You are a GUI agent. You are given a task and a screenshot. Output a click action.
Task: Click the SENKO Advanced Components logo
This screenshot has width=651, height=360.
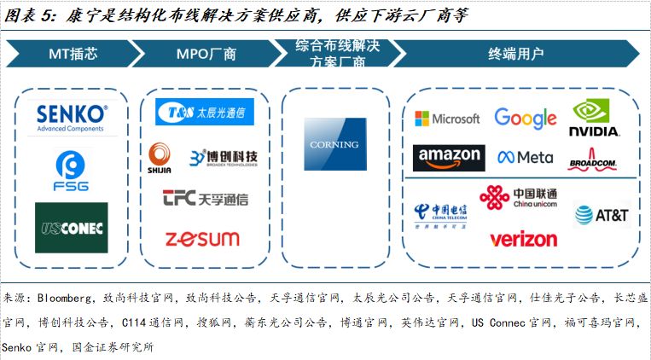(72, 118)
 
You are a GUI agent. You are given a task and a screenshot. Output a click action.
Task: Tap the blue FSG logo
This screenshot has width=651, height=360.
(72, 171)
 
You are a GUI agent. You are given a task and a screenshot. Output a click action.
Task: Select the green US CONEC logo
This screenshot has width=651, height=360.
(72, 227)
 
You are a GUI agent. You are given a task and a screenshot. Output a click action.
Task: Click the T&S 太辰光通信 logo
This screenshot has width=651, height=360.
(201, 112)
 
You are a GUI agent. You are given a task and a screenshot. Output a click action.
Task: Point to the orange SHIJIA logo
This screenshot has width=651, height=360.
(160, 157)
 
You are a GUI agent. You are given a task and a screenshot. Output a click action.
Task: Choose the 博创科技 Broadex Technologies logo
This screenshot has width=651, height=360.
(223, 158)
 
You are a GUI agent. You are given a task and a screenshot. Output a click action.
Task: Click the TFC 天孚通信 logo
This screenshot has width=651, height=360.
(205, 199)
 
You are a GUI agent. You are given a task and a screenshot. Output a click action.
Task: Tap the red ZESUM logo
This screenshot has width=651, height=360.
(202, 239)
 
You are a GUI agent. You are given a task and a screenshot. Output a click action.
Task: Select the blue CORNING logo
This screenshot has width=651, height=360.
(334, 144)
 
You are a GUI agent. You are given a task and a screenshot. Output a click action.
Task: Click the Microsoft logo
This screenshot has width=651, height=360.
(447, 119)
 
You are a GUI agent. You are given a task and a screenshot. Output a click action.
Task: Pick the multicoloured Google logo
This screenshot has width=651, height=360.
(525, 118)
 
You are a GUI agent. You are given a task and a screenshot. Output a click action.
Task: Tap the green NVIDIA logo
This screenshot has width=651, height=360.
(596, 119)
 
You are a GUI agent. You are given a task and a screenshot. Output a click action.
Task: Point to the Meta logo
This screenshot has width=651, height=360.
(526, 158)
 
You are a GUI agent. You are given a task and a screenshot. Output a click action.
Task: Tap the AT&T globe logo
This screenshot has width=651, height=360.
(602, 215)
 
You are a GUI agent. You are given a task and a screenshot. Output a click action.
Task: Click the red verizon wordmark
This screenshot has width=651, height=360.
(523, 239)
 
